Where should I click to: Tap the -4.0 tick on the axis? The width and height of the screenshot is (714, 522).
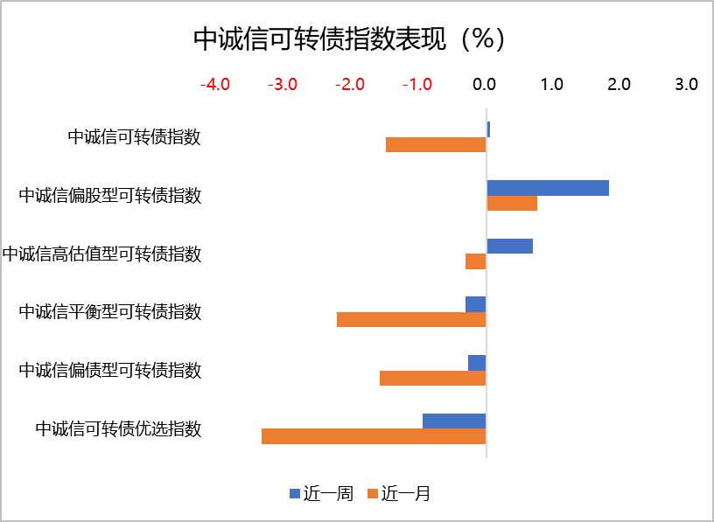[215, 85]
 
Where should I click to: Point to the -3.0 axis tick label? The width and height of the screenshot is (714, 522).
[283, 85]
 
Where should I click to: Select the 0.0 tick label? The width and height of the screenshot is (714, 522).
[485, 85]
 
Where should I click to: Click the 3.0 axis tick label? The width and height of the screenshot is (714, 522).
[686, 85]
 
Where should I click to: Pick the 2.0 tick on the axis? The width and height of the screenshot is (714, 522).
[619, 85]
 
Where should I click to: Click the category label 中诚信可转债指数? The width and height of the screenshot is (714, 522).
[135, 137]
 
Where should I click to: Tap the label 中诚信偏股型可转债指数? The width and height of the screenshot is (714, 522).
[110, 195]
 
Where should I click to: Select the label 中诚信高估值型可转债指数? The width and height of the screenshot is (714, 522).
[101, 254]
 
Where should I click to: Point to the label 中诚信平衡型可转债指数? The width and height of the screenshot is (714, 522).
[110, 311]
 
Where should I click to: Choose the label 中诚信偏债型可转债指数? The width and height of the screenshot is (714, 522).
[110, 370]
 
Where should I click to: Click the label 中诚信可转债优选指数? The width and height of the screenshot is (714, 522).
[118, 428]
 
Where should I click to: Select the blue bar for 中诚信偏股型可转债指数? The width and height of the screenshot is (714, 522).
[548, 188]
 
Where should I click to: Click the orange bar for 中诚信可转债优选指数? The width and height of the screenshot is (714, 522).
[374, 436]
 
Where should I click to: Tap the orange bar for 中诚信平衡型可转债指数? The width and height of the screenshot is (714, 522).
[411, 320]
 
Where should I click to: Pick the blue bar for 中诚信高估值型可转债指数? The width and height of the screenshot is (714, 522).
[509, 247]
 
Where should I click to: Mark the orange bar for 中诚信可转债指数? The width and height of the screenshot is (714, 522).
[436, 145]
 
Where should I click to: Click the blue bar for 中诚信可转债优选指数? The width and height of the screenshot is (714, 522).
[454, 421]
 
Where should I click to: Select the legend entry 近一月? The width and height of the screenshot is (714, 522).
[399, 494]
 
